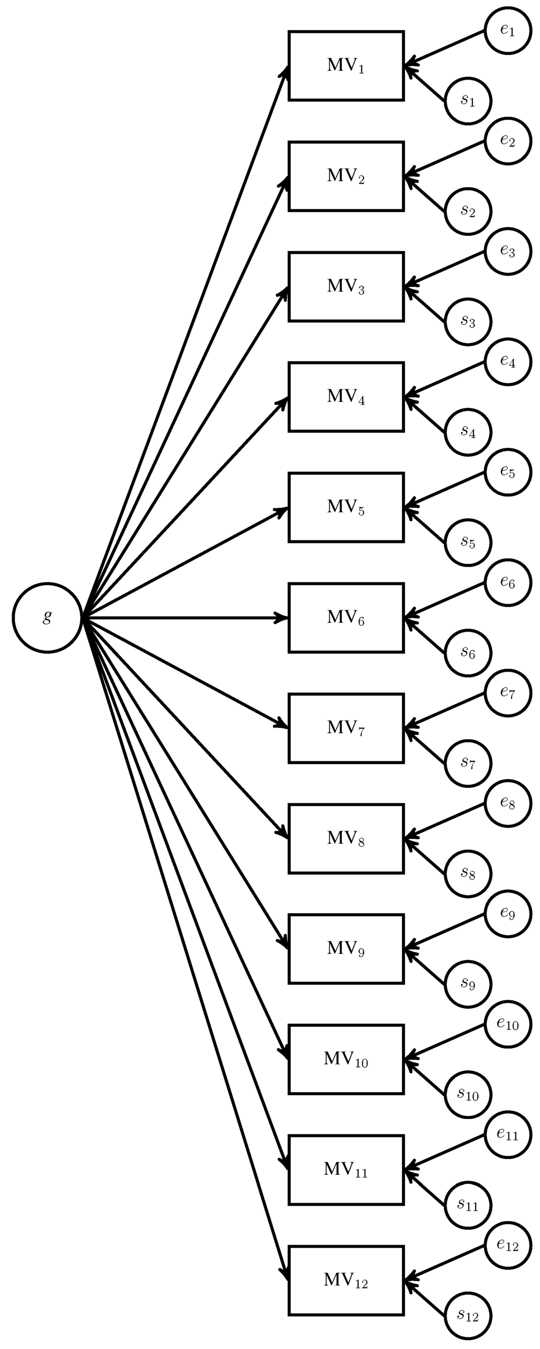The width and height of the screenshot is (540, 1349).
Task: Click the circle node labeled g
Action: (47, 617)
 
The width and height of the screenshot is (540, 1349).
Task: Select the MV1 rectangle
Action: (346, 66)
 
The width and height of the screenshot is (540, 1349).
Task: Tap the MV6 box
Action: (346, 617)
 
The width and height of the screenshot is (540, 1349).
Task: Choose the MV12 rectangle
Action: (346, 1280)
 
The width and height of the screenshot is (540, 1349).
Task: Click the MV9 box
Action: (346, 949)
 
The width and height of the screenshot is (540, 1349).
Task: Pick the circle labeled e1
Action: (507, 31)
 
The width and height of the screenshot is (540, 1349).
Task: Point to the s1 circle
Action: (468, 100)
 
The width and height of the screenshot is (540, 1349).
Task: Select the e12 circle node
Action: (507, 1246)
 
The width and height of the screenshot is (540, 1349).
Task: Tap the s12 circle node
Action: (468, 1316)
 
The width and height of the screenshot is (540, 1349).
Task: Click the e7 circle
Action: (507, 693)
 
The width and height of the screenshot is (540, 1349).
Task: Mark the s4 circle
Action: (468, 432)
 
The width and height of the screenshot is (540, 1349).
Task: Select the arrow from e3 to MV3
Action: (446, 270)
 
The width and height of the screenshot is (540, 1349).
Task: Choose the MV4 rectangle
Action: (346, 397)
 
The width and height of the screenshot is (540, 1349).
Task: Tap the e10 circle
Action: (507, 1025)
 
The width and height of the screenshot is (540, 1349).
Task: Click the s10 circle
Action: (468, 1095)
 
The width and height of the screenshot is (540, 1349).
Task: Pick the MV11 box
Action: (346, 1170)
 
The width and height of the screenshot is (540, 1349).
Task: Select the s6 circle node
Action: (468, 653)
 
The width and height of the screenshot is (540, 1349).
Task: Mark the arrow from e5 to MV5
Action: (446, 490)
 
